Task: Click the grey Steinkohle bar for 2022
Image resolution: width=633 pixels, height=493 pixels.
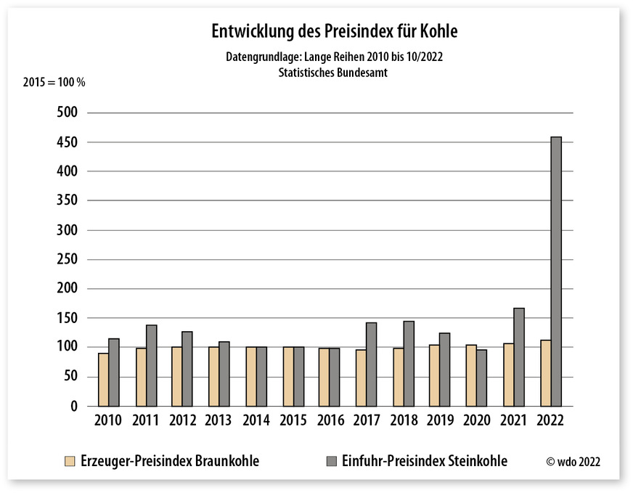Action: click(556, 271)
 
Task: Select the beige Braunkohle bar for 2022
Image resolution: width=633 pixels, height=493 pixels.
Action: click(546, 372)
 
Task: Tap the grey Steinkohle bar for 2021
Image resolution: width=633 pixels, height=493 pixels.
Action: click(519, 356)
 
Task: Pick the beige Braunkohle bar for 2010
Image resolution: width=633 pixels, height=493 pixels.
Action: click(104, 379)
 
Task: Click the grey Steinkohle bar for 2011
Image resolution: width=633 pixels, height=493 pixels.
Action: click(151, 365)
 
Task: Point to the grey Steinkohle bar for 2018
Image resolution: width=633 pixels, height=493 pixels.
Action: click(409, 363)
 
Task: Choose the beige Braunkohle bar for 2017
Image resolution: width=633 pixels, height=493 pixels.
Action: click(361, 378)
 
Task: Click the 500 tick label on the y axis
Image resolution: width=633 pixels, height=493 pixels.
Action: click(68, 113)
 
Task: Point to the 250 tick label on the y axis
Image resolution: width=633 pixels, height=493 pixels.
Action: click(68, 259)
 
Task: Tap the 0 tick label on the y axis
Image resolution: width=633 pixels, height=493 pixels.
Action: click(74, 407)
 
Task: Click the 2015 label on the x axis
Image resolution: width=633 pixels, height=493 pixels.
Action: click(293, 421)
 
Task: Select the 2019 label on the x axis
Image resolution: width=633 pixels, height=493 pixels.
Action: click(441, 421)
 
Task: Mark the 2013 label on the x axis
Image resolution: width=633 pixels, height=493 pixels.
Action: click(219, 421)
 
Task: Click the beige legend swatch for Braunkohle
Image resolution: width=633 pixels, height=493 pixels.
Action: click(70, 461)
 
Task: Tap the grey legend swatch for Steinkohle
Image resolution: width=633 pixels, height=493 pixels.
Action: click(332, 461)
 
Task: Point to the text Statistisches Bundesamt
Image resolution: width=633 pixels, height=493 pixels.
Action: click(333, 73)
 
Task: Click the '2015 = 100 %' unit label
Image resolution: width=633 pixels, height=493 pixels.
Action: click(54, 82)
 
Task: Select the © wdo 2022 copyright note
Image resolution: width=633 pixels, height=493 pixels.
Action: click(573, 462)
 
